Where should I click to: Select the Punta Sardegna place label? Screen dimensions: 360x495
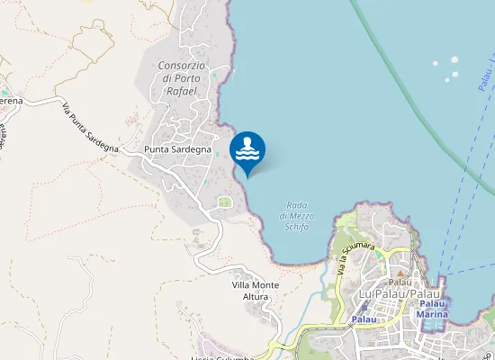[177, 149]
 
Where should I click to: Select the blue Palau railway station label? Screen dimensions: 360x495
[364, 319]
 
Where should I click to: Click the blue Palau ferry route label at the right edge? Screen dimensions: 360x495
[487, 81]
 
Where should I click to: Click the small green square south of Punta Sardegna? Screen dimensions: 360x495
[224, 202]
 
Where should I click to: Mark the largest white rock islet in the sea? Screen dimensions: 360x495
[454, 74]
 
